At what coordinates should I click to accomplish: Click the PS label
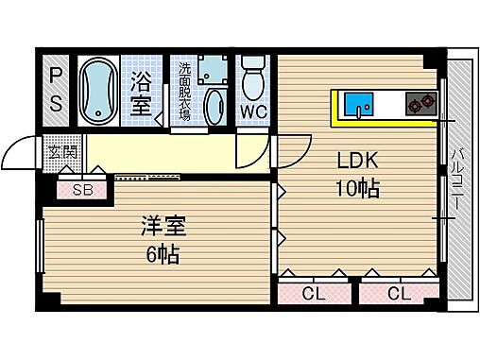point(56,90)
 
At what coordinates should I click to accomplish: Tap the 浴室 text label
point(142,94)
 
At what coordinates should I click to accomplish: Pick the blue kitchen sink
point(358,104)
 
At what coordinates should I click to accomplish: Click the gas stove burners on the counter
point(420,104)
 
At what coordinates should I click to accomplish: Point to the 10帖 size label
point(357,188)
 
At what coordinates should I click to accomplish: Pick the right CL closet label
point(398,294)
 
